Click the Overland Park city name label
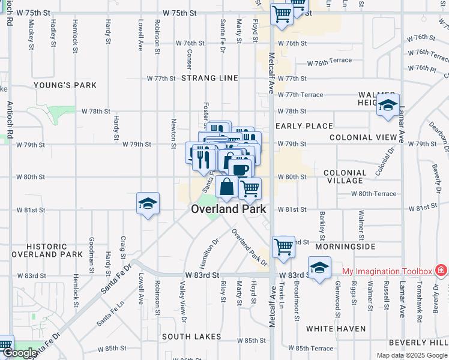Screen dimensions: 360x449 (x=228, y=209)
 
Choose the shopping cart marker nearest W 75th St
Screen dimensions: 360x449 (x=282, y=14)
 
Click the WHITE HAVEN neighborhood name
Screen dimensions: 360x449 (x=336, y=329)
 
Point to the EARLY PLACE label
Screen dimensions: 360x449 (x=304, y=126)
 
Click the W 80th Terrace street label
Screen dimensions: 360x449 (x=374, y=194)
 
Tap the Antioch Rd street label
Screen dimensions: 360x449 (x=10, y=119)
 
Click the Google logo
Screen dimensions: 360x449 (x=19, y=353)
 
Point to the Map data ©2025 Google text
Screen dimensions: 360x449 (x=411, y=355)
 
